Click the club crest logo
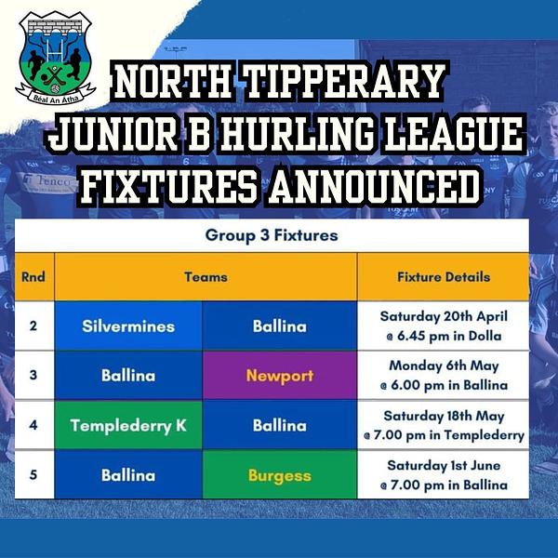(x=56, y=58)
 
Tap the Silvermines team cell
(x=128, y=326)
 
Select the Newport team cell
(x=280, y=376)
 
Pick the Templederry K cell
(x=128, y=425)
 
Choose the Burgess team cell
(x=280, y=474)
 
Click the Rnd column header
(x=33, y=277)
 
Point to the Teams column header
(x=206, y=277)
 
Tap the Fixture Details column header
(x=444, y=277)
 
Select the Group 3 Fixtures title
(x=272, y=235)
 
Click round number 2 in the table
(x=33, y=325)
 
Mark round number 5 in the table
(x=33, y=474)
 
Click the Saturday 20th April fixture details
(x=444, y=326)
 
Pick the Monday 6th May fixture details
(x=444, y=376)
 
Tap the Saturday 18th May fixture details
(x=444, y=425)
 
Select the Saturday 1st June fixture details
(x=444, y=475)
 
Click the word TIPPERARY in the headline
(x=344, y=82)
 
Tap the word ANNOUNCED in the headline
(x=374, y=185)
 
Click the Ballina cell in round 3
(x=128, y=376)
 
